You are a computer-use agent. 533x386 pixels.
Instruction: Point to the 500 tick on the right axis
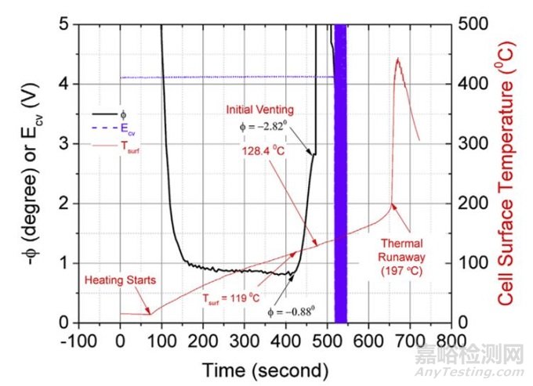coord(467,24)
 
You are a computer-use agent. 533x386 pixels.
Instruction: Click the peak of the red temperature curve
coord(397,59)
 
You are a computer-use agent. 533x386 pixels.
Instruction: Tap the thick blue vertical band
coord(341,172)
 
